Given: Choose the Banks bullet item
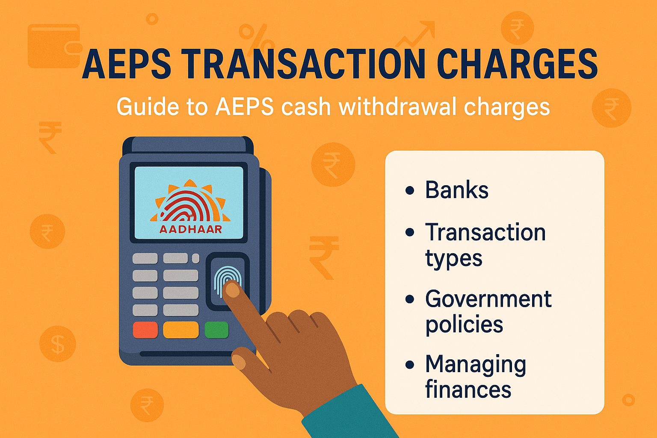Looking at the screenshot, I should coord(456,190).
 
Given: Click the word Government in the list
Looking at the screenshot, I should coord(488,299).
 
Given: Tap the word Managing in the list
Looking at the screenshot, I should coord(475,365).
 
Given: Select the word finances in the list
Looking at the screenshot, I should coord(468,390).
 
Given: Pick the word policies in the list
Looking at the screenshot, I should coord(464,325).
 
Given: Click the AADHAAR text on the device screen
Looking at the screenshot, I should coord(191,229).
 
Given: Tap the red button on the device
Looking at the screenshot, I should coord(145,330).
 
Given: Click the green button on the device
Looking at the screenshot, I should coord(216,330).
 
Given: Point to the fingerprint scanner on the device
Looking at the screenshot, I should coord(227,281).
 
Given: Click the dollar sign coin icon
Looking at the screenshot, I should coord(57,344).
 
